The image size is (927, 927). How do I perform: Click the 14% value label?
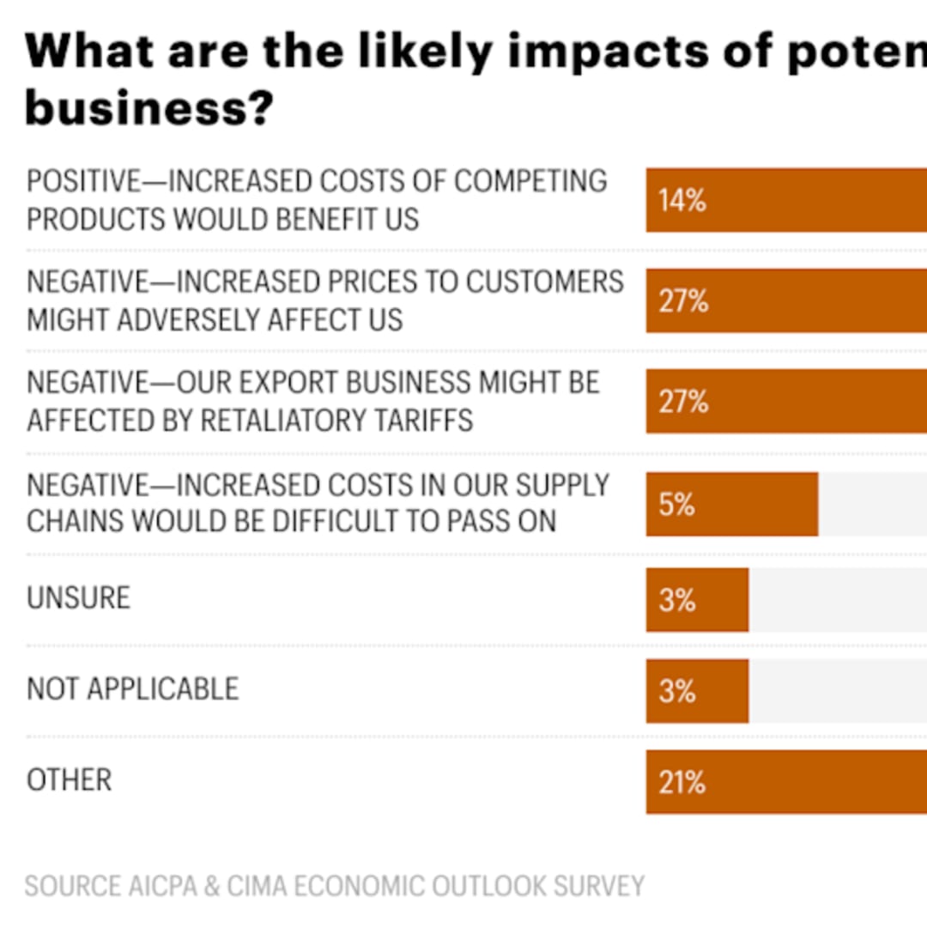pos(682,202)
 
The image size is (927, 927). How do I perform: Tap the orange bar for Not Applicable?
pos(697,691)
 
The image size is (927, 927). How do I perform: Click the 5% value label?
pos(677,504)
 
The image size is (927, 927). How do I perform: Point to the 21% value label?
pos(682,782)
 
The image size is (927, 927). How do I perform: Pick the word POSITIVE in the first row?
pos(82,181)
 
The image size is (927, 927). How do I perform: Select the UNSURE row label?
pos(78,597)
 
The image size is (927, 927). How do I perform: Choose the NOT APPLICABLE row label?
pos(132,688)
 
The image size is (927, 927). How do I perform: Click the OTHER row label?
pos(70,779)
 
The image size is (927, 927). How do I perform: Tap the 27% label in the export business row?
pos(683,402)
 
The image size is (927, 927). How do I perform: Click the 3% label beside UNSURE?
pos(677,600)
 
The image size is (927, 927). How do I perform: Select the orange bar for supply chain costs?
pos(731,504)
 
